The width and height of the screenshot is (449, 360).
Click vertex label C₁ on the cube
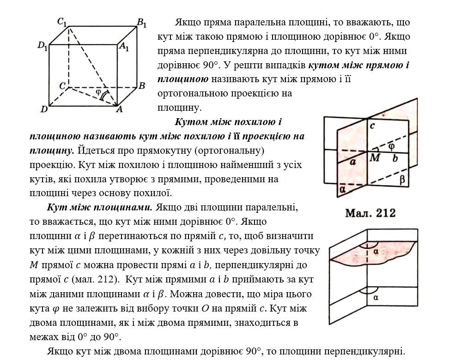62,21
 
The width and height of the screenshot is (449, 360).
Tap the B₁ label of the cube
142,21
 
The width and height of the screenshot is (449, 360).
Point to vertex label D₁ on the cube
42,46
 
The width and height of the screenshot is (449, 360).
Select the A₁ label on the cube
124,47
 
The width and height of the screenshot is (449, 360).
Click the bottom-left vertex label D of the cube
44,109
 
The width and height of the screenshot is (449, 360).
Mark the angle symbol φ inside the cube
98,91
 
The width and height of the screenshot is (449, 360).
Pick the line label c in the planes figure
372,125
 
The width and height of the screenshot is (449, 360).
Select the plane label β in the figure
402,180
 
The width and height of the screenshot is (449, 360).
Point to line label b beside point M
394,158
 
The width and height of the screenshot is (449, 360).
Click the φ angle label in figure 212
392,146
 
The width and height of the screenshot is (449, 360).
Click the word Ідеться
94,151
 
